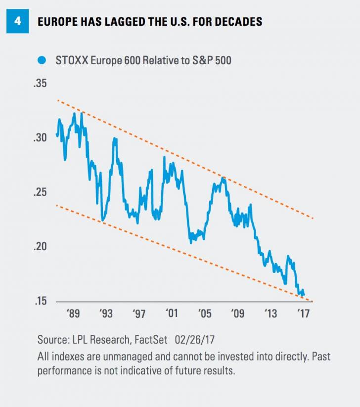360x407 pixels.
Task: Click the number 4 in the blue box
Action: (18, 22)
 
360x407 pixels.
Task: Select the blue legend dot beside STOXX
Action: (42, 61)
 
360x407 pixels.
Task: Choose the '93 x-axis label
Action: (106, 314)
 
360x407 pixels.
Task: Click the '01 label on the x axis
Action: (172, 314)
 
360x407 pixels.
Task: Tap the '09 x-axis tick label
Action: (238, 314)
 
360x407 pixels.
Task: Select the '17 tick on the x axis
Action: (303, 314)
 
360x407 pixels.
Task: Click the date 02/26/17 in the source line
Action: (198, 340)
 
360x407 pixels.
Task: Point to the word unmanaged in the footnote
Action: (107, 357)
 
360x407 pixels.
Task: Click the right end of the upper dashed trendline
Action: (313, 219)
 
